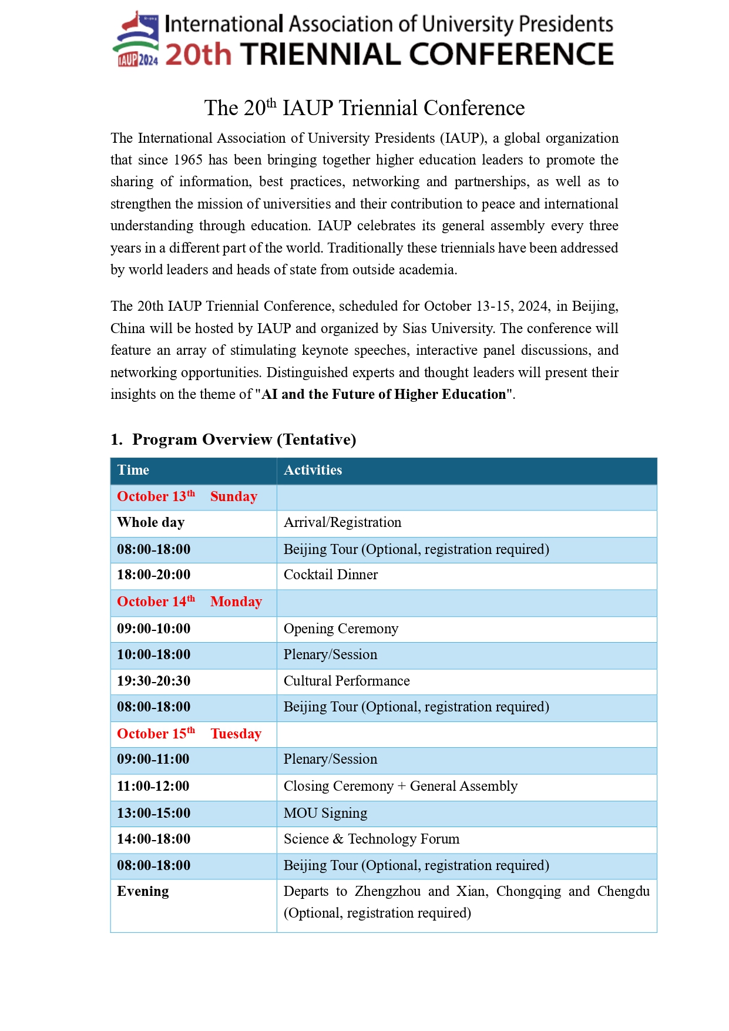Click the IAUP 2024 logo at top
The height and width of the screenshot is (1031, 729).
(136, 39)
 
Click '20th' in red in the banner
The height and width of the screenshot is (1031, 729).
(199, 55)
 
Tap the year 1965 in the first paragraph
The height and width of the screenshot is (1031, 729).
(188, 160)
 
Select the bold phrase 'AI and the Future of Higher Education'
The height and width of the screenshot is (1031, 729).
(384, 394)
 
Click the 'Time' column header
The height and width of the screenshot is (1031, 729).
(133, 470)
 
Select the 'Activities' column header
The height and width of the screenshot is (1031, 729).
(313, 470)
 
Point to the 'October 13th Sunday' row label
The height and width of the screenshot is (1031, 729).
(187, 496)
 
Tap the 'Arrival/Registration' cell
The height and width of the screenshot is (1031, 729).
(342, 522)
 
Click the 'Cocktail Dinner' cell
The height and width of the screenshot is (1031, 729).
(331, 575)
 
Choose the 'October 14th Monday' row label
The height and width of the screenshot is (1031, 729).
(189, 602)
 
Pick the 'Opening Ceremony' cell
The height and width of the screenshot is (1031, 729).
(341, 629)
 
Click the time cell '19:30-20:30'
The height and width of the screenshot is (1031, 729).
(154, 681)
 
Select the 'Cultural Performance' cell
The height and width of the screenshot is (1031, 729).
(347, 681)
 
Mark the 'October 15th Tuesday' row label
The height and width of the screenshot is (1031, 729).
(189, 734)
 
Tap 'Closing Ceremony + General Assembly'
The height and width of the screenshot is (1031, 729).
(401, 786)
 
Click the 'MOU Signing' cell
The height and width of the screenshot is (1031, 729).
(325, 813)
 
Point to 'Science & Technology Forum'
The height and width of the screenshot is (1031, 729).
(371, 839)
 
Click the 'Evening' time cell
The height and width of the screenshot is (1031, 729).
(143, 891)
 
